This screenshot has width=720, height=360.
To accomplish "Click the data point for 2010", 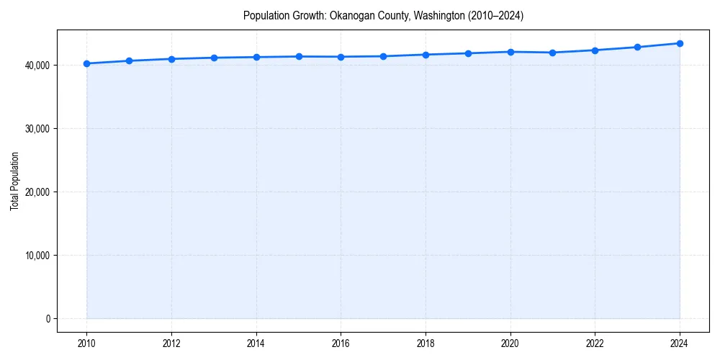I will (86, 63).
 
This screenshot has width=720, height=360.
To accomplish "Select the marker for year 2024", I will (680, 43).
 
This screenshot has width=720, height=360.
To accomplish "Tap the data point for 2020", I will (510, 52).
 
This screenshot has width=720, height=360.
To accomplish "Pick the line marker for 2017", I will (383, 56).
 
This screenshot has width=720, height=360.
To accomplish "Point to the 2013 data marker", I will (214, 58).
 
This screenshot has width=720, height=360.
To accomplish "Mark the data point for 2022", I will (595, 50).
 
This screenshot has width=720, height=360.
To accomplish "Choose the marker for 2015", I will (299, 56).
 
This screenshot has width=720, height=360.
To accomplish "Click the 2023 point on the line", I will (637, 47).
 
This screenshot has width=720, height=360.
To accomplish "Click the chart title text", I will (383, 15).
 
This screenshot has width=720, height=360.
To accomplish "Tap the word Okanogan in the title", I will (352, 15).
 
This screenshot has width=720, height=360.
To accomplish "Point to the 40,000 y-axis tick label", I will (37, 66).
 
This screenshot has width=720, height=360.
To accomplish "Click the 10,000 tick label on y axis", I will (37, 256).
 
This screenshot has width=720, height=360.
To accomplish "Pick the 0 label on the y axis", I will (48, 319).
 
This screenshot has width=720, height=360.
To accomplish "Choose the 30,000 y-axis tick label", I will (37, 129).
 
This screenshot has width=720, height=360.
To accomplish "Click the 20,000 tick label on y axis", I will (37, 192).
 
